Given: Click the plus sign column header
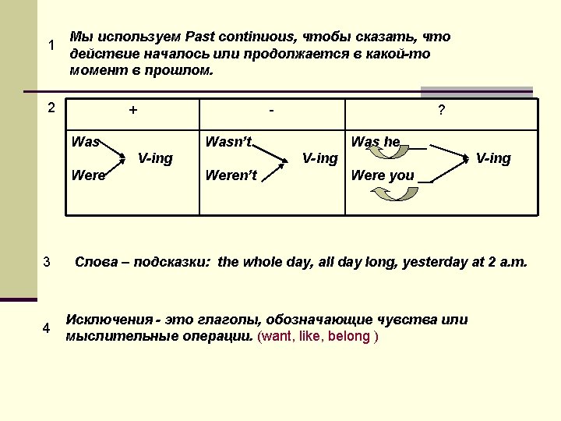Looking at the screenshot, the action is [133, 111].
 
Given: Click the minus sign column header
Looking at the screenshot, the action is [271, 111].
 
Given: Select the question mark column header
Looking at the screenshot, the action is [442, 111].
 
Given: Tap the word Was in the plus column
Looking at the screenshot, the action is [85, 142].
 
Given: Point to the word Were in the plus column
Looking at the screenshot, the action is [88, 175].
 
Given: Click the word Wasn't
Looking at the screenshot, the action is [228, 142].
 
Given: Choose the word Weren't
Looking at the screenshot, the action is [231, 175].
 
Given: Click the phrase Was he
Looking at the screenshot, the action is [376, 142].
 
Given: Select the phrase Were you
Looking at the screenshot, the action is [383, 175].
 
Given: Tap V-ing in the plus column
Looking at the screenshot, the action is [155, 158].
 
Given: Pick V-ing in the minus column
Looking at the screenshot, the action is [320, 158].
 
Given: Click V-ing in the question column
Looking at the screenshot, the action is [493, 158].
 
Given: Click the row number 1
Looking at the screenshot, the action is [51, 45].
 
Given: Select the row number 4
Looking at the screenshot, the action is [47, 328].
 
